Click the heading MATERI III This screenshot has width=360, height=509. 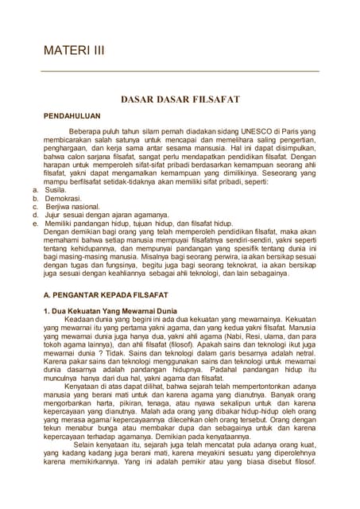[x=73, y=50]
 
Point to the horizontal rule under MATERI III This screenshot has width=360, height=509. [x=180, y=72]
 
